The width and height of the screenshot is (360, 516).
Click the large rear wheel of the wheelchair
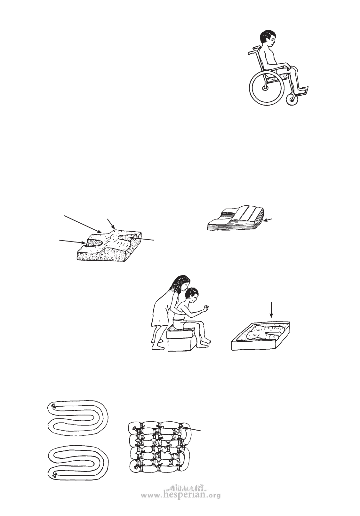(x=253, y=89)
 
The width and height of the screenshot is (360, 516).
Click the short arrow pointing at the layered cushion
(x=268, y=219)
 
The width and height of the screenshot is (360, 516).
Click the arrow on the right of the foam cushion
(x=142, y=238)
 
